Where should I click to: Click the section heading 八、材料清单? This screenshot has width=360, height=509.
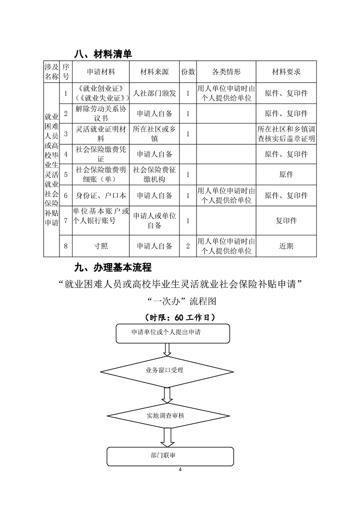click(103, 54)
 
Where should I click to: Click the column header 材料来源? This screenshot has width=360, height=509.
click(154, 72)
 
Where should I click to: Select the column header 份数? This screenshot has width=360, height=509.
click(188, 72)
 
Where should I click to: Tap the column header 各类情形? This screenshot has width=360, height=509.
click(226, 72)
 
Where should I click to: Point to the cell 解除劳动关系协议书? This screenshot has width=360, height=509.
click(101, 113)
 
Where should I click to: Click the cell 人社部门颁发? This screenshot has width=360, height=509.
click(154, 93)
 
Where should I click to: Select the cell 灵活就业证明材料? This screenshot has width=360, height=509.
click(101, 134)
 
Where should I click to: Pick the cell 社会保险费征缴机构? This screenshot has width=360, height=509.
click(154, 174)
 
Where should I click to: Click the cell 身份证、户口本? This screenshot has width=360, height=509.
click(101, 196)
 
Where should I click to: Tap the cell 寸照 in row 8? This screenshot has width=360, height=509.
click(101, 246)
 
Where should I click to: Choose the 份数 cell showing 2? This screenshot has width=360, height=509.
click(188, 246)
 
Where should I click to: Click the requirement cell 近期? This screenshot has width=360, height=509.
click(286, 246)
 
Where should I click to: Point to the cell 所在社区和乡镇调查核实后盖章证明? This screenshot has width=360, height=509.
click(286, 134)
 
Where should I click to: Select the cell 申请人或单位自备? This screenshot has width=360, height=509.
click(154, 220)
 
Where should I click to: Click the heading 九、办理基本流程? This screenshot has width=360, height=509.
click(113, 267)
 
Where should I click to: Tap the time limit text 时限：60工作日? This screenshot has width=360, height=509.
click(180, 317)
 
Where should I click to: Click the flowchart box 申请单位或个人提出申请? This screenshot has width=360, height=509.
click(173, 333)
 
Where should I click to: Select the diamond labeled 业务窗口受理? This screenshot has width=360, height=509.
click(167, 370)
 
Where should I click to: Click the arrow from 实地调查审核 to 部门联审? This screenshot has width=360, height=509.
click(168, 437)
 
